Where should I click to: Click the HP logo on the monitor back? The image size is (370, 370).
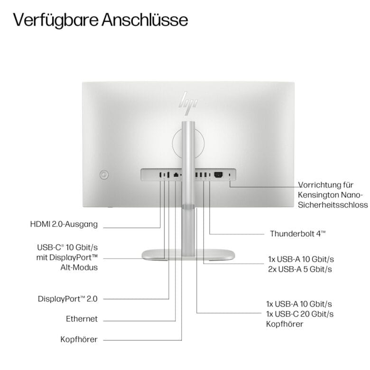pos(188,103)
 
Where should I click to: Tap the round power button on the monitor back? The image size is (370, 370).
pos(104,175)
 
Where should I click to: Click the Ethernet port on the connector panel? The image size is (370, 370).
pos(176,175)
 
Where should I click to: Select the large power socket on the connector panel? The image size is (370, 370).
pos(218,175)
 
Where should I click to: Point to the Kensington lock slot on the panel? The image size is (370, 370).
pos(230,175)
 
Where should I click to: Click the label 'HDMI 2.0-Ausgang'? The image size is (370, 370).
pos(64,224)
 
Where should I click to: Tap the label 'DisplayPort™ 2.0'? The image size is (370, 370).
pos(68,299)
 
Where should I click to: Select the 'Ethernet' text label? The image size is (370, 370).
pos(82,319)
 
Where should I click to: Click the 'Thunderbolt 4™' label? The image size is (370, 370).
pos(298,233)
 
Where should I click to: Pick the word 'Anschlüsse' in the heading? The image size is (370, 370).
pos(145,20)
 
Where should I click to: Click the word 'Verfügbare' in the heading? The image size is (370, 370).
pos(55,20)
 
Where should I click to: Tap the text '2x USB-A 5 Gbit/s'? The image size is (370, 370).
pos(300,269)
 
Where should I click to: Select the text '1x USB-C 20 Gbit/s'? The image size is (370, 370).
pos(300,314)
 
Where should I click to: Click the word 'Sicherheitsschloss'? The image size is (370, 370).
pos(333,204)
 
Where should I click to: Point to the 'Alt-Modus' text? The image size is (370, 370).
pos(79,268)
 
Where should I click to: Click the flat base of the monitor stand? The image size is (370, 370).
pos(188,255)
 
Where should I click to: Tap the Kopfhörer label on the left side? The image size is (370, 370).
pos(79,339)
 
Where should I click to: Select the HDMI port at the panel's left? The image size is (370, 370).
pos(160,175)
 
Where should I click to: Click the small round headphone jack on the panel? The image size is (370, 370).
pos(181,176)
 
